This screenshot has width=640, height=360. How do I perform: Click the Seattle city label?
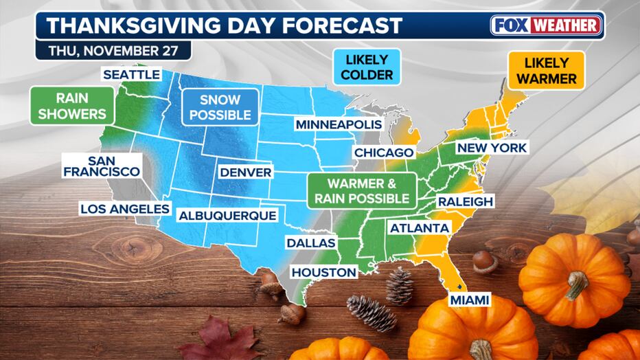click(x=133, y=74)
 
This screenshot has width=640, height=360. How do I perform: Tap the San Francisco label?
click(x=102, y=165)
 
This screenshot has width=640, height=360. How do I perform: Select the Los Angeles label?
click(x=125, y=208)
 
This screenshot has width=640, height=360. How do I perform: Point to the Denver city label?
click(x=246, y=172)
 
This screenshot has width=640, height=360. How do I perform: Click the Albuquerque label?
click(x=227, y=216)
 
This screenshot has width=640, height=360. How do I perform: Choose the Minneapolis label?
click(x=339, y=124)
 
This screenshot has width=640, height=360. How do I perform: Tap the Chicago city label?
click(x=384, y=152)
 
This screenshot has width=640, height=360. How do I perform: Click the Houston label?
click(x=324, y=272)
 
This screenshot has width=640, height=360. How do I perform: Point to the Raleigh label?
click(x=465, y=201)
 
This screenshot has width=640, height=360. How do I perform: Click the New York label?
click(x=492, y=147)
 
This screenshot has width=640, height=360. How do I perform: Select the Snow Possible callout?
click(x=220, y=106)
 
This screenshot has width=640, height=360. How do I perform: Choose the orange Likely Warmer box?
click(x=546, y=70)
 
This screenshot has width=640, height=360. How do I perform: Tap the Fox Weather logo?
click(x=547, y=25)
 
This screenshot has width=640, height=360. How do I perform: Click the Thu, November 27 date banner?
click(x=113, y=51)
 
